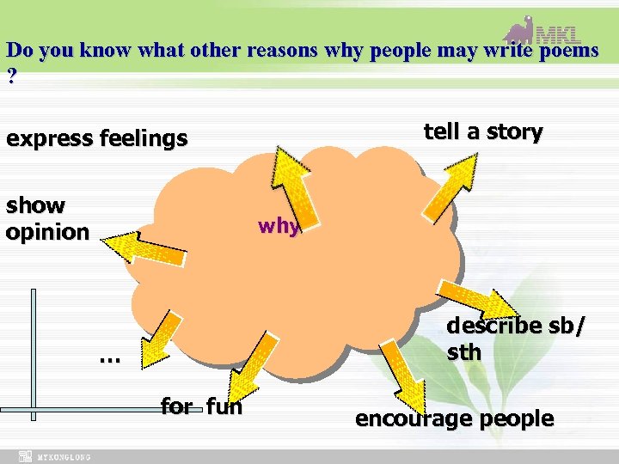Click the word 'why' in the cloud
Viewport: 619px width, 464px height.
pyautogui.click(x=279, y=227)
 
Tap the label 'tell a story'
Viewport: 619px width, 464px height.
pyautogui.click(x=483, y=132)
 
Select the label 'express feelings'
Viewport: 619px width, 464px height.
pyautogui.click(x=96, y=138)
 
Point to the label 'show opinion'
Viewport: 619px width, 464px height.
pyautogui.click(x=47, y=218)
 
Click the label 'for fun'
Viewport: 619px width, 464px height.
pyautogui.click(x=201, y=406)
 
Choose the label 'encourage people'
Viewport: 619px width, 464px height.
pyautogui.click(x=454, y=418)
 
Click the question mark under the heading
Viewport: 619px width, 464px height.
pyautogui.click(x=11, y=76)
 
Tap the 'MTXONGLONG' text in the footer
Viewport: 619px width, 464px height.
pyautogui.click(x=64, y=457)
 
